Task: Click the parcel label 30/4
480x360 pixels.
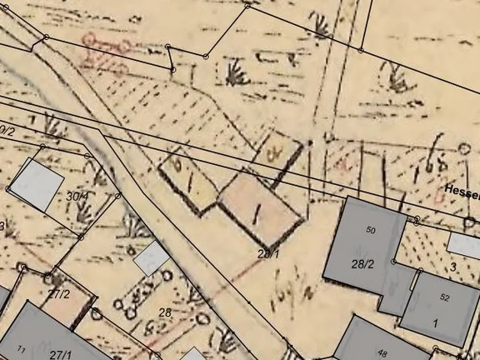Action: [77, 196]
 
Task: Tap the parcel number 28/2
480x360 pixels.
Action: [362, 264]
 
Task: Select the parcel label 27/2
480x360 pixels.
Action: [58, 293]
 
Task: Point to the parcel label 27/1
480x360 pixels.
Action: [60, 354]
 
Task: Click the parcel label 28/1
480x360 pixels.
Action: [267, 252]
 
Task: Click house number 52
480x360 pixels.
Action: [444, 297]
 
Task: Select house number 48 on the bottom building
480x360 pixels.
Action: [382, 353]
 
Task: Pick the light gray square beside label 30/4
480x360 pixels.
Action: [37, 184]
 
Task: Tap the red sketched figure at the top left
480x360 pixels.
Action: [106, 47]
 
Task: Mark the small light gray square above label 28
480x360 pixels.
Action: [151, 258]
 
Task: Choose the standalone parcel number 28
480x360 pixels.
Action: [165, 312]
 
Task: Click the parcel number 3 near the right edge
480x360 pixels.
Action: [453, 267]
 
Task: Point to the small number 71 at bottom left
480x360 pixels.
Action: [21, 348]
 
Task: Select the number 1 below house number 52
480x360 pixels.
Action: [435, 321]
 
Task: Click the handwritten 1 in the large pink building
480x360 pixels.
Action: [257, 214]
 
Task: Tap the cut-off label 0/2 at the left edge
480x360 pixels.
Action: [7, 131]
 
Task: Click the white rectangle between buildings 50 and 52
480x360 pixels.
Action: [463, 245]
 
